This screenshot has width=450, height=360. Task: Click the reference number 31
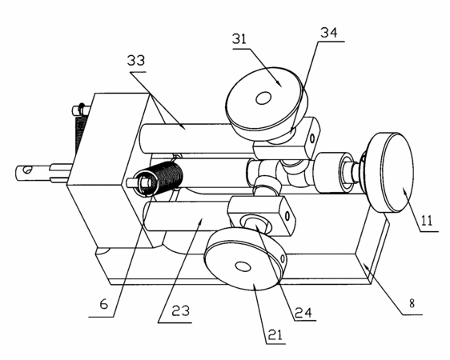click(x=239, y=38)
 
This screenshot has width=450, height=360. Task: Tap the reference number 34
click(x=329, y=33)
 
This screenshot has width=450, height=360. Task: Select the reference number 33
click(x=136, y=61)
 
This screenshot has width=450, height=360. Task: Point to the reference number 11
click(x=427, y=221)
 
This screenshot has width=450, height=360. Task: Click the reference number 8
click(x=412, y=303)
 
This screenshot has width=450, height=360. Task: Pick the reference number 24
click(x=303, y=313)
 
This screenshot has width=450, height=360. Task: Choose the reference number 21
click(x=275, y=334)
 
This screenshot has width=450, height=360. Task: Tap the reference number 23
click(x=180, y=310)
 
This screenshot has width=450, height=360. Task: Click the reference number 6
click(x=103, y=304)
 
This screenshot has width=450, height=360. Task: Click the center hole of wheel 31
click(x=263, y=98)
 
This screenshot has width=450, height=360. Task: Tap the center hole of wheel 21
click(x=243, y=266)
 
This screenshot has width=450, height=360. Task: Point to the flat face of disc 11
click(x=397, y=172)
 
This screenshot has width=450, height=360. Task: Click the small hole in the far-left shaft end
click(x=27, y=170)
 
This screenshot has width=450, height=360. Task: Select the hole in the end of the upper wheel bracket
click(x=312, y=138)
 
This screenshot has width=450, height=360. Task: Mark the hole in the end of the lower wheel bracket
click(x=287, y=215)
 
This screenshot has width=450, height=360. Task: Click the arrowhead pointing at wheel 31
click(x=279, y=83)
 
